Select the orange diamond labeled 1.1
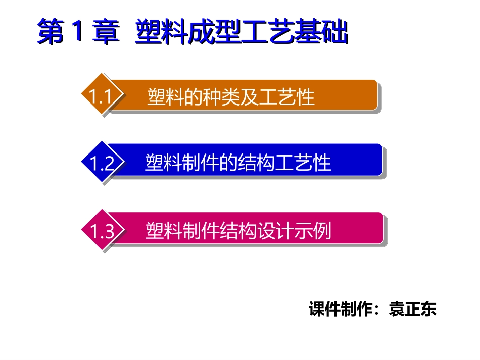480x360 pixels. (x=101, y=96)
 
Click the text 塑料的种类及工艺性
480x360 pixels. (x=231, y=96)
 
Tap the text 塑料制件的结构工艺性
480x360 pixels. (x=237, y=163)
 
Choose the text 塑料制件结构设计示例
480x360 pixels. (x=238, y=231)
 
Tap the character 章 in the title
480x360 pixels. (x=107, y=33)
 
